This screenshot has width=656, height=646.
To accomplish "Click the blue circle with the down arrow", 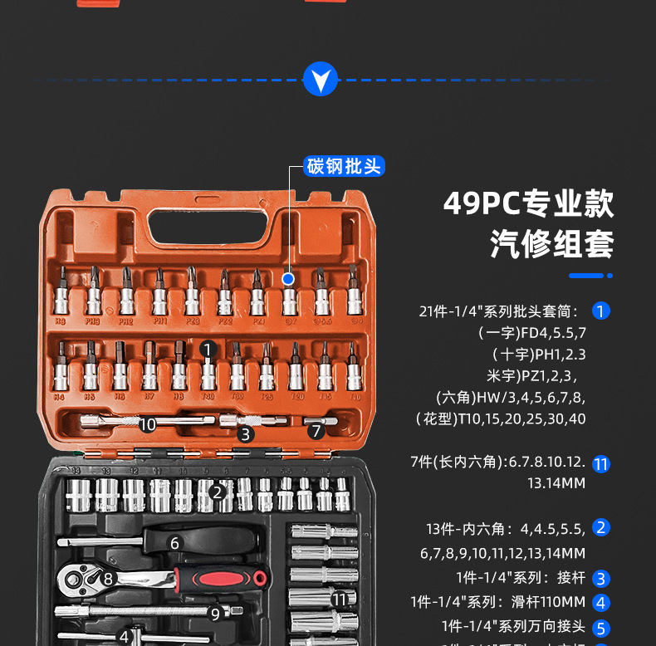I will [x=321, y=79].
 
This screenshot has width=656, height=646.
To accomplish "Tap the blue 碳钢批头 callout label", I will [x=344, y=166].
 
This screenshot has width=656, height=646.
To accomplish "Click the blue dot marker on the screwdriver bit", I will [x=288, y=279].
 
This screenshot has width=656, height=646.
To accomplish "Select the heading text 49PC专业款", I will [x=529, y=203].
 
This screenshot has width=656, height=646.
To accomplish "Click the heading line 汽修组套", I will [x=551, y=244].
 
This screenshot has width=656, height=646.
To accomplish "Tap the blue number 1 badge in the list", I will [x=601, y=311].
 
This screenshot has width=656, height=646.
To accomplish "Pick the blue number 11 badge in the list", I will [x=601, y=464].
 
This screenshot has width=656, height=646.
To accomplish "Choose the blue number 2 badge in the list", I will [x=601, y=527].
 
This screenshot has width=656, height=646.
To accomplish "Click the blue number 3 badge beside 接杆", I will [x=601, y=579].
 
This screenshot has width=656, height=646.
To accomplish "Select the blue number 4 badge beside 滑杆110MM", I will [x=601, y=603].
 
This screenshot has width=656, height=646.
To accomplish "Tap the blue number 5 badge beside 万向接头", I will [x=601, y=628].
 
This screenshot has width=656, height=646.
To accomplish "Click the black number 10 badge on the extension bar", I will [x=148, y=424].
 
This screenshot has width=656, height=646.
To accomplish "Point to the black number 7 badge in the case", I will [x=316, y=431].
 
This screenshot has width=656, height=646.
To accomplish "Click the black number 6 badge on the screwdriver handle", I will [x=174, y=543].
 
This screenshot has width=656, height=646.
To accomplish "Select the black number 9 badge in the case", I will [x=215, y=614].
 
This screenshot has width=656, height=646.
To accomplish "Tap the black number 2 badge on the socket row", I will [x=218, y=492].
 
